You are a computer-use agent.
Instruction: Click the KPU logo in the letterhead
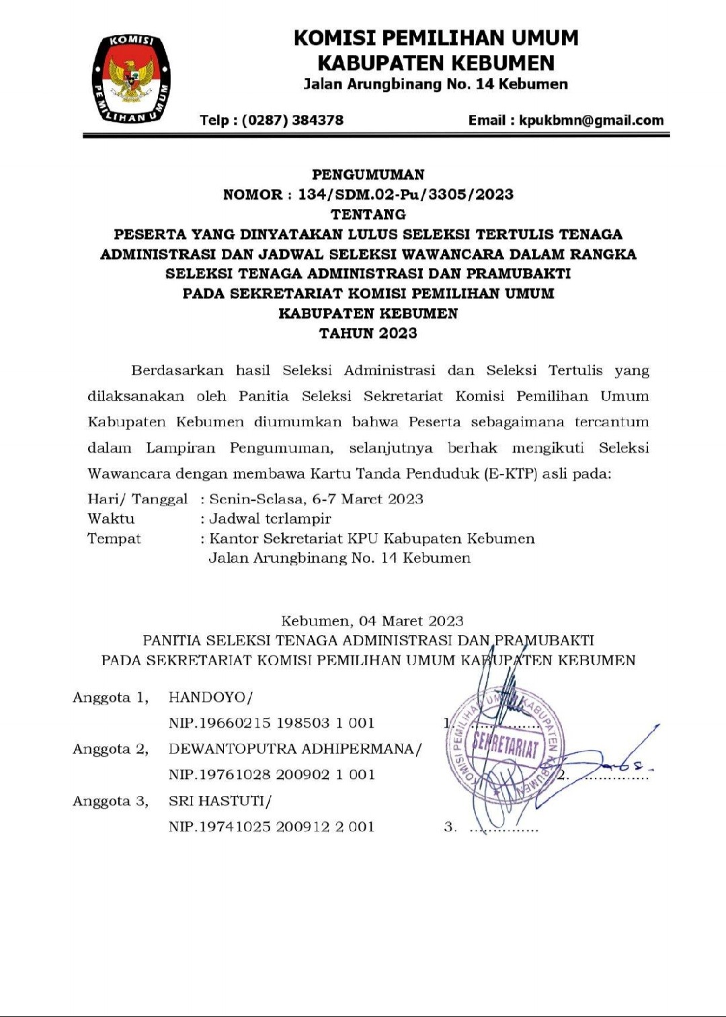pos(131,79)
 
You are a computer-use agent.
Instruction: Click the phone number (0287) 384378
pos(292,120)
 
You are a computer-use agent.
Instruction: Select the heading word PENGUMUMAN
pos(368,175)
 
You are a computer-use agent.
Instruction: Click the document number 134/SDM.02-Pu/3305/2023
pos(405,195)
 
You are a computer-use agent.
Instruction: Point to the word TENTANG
pos(368,214)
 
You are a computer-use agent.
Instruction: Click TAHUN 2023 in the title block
pos(368,333)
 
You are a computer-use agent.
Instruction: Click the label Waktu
pos(111,519)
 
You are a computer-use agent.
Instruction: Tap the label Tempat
pos(114,538)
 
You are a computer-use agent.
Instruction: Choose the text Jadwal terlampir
pos(270,519)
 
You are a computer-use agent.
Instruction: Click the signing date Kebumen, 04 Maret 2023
pos(372,621)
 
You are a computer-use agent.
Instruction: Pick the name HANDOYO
pos(208,698)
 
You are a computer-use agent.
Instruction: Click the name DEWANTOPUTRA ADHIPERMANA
pos(292,749)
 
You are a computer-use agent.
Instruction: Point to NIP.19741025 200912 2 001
pos(271,827)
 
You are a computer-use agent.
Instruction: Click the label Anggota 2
pos(110,749)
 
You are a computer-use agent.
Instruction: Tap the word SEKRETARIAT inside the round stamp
pos(506,745)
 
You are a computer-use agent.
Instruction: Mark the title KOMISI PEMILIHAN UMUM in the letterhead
pos(436,38)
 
